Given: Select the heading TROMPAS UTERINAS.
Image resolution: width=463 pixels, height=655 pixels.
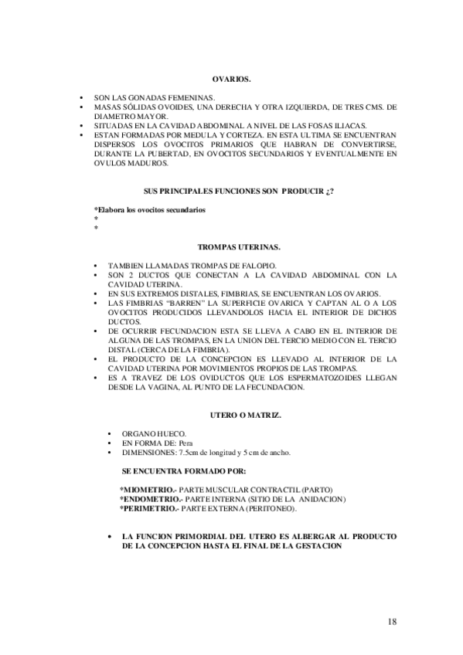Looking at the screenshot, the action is pyautogui.click(x=239, y=247).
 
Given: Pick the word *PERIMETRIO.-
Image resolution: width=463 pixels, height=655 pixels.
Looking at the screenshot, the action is pyautogui.click(x=148, y=508).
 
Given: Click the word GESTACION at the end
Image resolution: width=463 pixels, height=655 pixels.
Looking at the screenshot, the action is pyautogui.click(x=310, y=545).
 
